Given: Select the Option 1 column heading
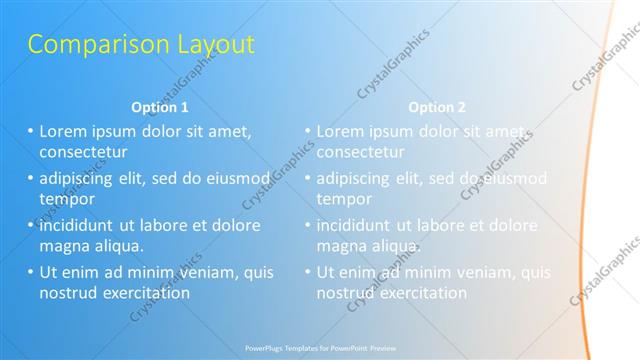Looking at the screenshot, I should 160,106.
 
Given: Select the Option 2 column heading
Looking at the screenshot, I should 437,106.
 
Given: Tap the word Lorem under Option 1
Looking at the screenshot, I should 64,131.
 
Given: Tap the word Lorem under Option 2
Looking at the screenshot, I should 341,131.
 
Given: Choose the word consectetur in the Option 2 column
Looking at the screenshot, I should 361,153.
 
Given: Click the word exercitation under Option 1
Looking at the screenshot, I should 146,293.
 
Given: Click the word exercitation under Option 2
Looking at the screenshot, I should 423,293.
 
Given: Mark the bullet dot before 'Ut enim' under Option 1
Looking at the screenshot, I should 31,272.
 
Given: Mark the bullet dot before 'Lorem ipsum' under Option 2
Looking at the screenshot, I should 308,131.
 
